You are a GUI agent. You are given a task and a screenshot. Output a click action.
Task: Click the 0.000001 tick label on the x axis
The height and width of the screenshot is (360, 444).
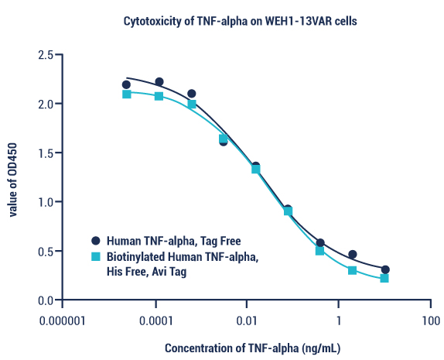click(x=63, y=320)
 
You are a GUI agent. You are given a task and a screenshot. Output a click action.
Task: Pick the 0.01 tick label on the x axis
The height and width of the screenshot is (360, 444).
click(x=248, y=320)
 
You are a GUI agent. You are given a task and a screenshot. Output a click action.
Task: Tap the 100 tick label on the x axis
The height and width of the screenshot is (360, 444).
click(x=430, y=320)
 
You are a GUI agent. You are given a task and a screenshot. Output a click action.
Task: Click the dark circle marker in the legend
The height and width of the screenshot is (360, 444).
click(x=96, y=241)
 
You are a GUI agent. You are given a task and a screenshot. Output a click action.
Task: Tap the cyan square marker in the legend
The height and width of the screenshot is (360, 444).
click(x=96, y=256)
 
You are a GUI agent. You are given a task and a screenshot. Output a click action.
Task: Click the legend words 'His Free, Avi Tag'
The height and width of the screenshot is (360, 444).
click(x=147, y=272)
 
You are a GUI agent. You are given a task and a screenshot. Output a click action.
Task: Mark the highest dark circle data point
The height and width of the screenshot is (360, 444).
click(x=159, y=82)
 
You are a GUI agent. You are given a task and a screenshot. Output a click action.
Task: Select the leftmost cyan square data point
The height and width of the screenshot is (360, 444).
click(x=126, y=94)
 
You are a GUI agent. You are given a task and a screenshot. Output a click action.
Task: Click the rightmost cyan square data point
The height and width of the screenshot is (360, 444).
click(x=384, y=278)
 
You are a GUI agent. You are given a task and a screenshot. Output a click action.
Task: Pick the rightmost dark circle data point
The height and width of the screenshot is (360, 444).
click(x=385, y=269)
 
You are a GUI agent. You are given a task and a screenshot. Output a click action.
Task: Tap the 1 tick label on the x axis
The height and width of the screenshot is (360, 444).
click(x=338, y=320)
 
